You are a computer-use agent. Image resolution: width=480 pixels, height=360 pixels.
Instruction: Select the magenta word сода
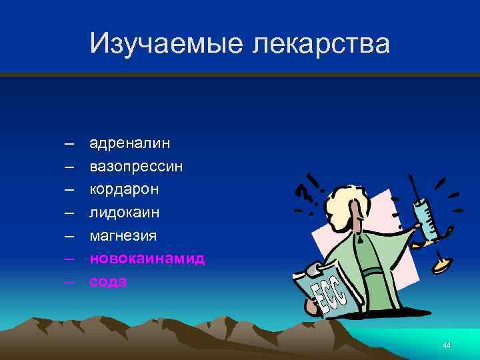click(108, 281)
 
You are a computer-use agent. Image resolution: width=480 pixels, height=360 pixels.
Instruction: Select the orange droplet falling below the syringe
click(440, 265)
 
